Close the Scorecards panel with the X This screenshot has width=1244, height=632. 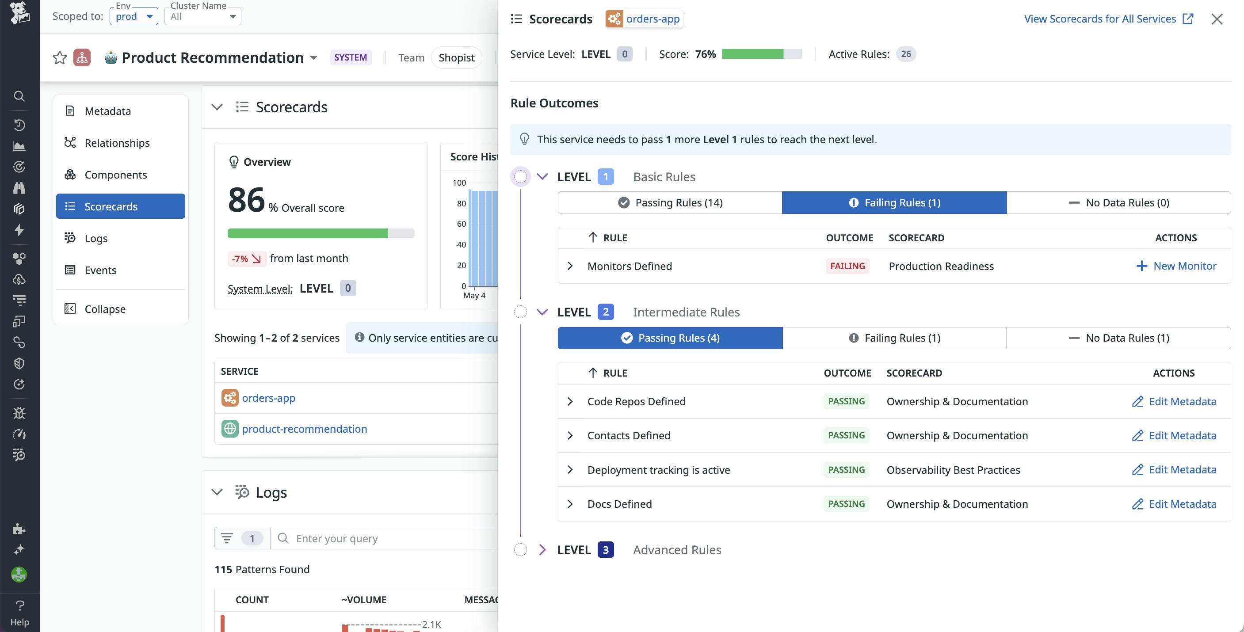[x=1217, y=19]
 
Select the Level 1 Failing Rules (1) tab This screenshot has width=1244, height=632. [x=894, y=203]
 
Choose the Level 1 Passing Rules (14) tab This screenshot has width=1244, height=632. [x=670, y=203]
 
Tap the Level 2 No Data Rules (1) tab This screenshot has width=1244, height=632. [x=1118, y=338]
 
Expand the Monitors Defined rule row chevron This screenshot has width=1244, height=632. [x=570, y=266]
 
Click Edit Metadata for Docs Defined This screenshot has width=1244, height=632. [x=1174, y=504]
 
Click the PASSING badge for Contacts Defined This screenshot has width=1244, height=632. [x=846, y=435]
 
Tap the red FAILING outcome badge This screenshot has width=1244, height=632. [x=847, y=266]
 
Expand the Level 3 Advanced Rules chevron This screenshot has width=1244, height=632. [x=542, y=550]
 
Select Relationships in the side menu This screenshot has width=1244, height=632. [x=117, y=143]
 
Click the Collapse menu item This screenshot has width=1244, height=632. [x=105, y=309]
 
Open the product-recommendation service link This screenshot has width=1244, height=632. [x=304, y=429]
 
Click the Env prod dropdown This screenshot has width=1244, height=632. [x=134, y=16]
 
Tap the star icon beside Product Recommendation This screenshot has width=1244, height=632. [x=59, y=58]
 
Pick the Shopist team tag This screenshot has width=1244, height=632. [x=456, y=58]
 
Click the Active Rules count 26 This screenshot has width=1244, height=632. [x=905, y=54]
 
